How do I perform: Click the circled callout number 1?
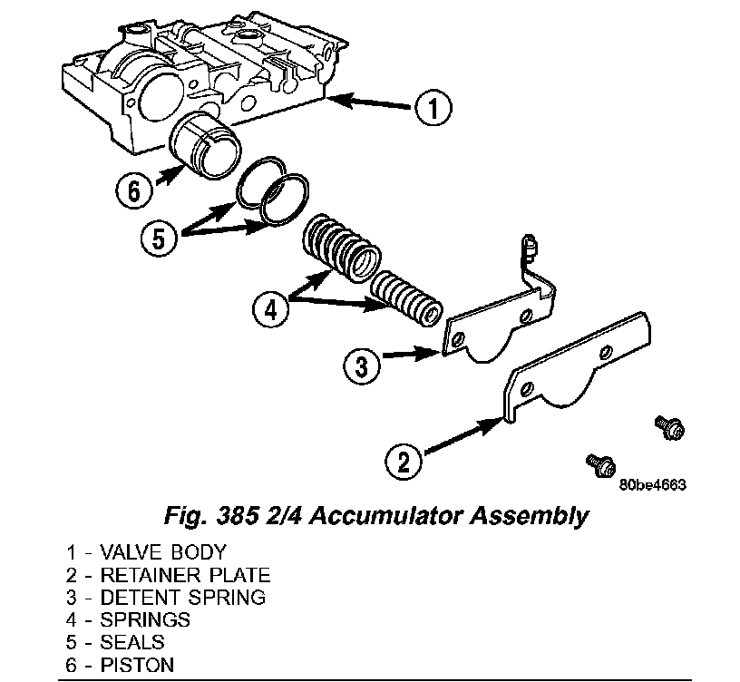click(433, 109)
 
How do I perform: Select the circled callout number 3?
click(361, 367)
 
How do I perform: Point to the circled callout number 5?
click(160, 239)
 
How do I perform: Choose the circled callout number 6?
click(133, 190)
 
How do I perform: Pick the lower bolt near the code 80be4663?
click(598, 463)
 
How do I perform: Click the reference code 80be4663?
click(652, 483)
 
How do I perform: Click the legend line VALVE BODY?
click(145, 551)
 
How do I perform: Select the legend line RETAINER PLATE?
click(167, 574)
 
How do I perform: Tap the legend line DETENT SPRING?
click(165, 597)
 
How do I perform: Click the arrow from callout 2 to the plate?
click(462, 435)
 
